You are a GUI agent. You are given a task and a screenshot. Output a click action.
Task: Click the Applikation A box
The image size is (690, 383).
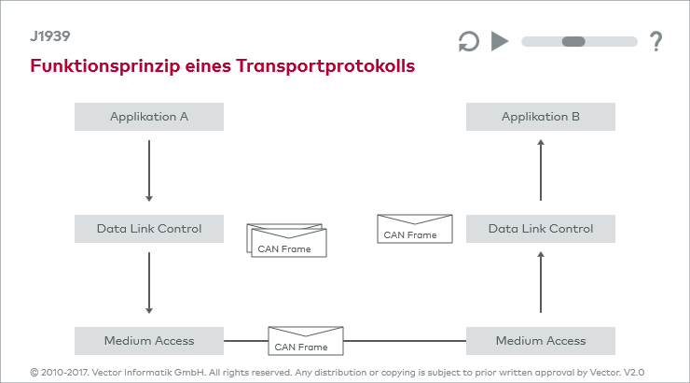(x=149, y=117)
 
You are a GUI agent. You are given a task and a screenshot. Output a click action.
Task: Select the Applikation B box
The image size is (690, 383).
(x=541, y=117)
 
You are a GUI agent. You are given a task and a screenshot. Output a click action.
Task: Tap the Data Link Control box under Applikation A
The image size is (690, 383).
(x=149, y=229)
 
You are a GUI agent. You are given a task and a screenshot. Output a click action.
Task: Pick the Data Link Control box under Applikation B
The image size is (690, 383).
(x=541, y=229)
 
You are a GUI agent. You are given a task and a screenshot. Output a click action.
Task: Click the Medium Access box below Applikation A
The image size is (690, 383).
(x=149, y=341)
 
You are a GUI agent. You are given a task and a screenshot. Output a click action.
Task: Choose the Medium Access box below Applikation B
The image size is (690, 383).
(x=541, y=341)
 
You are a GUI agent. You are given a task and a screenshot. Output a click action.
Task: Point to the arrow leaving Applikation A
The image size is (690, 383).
(x=149, y=171)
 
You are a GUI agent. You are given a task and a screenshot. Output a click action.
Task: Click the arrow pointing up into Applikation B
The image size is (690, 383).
(x=541, y=170)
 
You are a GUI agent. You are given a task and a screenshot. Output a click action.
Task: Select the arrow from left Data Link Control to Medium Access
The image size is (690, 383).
(x=149, y=282)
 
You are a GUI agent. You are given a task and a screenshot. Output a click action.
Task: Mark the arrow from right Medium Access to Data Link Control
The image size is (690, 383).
(x=541, y=282)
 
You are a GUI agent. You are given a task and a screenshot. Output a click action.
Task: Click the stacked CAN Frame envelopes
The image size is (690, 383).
(x=286, y=240)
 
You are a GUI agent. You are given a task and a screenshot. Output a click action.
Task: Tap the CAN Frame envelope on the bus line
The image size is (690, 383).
(x=306, y=341)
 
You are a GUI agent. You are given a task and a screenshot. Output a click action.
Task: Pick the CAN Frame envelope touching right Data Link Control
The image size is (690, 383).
(x=415, y=229)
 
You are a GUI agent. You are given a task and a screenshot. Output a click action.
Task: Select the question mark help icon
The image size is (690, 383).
(x=656, y=41)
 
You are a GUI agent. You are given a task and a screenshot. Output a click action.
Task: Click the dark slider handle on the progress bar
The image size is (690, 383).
(x=573, y=41)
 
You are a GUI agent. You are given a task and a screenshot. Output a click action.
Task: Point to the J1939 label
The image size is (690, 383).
(x=50, y=36)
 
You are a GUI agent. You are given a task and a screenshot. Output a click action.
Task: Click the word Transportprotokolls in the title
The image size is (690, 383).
(x=325, y=66)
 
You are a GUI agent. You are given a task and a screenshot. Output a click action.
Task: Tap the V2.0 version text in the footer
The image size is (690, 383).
(x=634, y=373)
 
